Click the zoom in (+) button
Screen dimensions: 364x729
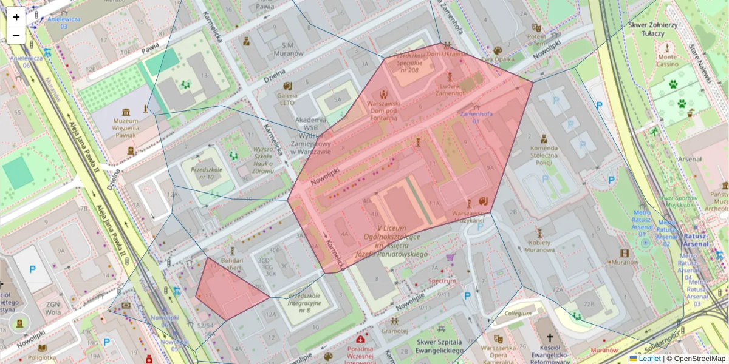(x=16, y=17)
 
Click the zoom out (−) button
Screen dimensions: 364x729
(x=16, y=35)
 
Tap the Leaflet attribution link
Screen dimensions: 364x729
(x=649, y=359)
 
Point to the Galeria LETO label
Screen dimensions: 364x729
(x=287, y=98)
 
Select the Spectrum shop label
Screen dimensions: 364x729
(x=442, y=281)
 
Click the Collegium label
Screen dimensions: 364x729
(x=517, y=314)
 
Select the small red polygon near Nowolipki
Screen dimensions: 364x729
(x=228, y=291)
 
